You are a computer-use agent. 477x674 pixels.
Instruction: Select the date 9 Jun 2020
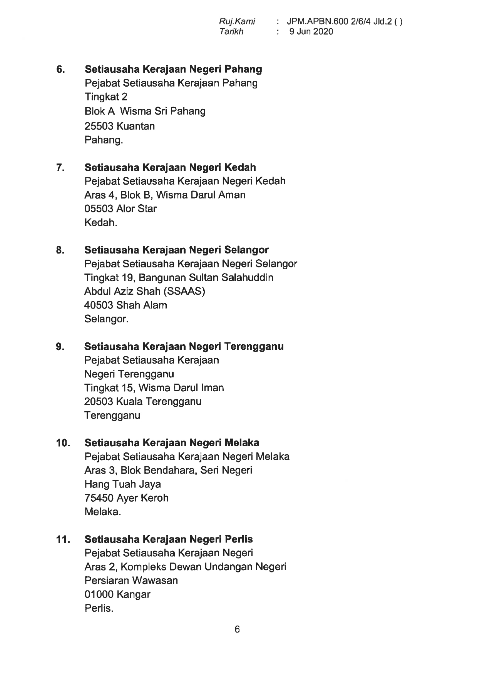point(311,32)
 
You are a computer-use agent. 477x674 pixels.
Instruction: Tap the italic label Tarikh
point(231,32)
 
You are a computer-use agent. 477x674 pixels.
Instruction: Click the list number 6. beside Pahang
point(60,70)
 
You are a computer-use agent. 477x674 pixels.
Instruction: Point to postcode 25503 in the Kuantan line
point(99,126)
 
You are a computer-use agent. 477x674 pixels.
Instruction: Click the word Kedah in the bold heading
point(240,167)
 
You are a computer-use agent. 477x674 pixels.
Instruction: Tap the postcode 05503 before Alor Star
point(99,209)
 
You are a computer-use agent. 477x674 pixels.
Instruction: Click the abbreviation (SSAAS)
point(184,291)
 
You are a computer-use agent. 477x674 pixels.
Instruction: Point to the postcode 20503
point(99,402)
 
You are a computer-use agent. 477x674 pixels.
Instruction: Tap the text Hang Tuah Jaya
point(122,484)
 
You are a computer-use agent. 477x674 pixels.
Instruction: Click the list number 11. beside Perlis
point(63,539)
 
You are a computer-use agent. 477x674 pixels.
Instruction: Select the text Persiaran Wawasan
point(131,581)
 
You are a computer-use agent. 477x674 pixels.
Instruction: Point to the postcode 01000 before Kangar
point(99,594)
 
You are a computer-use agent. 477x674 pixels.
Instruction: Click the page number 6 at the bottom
point(237,630)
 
